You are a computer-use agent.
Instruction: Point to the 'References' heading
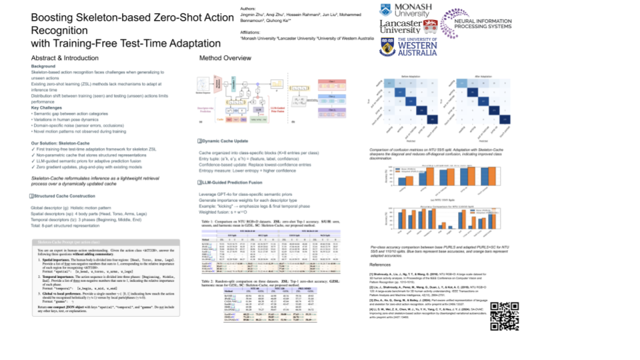(383, 265)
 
